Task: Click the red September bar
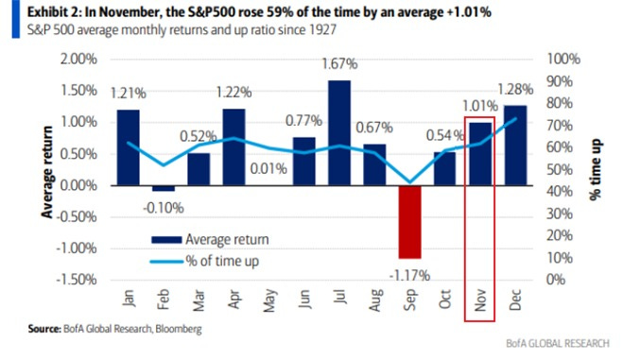point(409,221)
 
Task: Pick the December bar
point(515,145)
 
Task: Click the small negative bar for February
point(164,188)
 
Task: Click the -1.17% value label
point(409,275)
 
